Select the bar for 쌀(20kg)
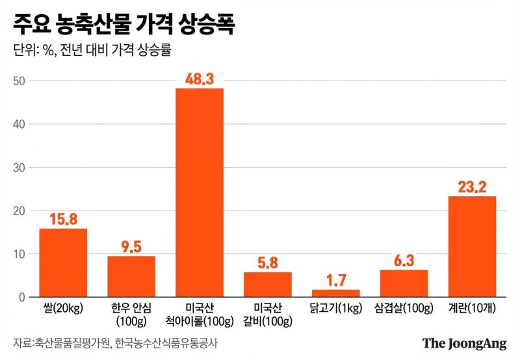63,263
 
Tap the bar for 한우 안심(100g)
131,277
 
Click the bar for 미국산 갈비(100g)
268,285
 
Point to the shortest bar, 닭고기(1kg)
335,293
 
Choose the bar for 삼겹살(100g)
404,283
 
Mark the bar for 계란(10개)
472,247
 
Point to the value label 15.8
63,218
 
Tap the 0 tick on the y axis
21,298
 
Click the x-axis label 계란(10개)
472,309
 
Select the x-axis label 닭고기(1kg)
335,309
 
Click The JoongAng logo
463,344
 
